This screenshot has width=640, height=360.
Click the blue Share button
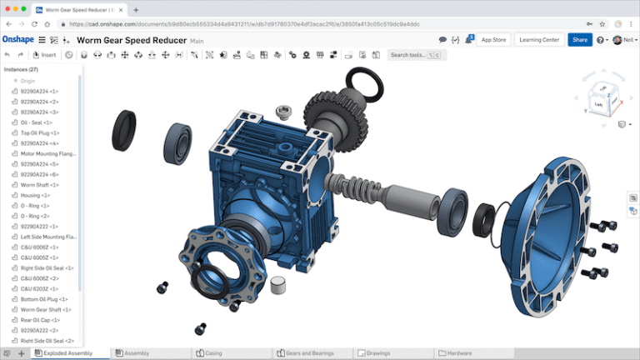579,39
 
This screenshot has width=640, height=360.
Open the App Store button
493,39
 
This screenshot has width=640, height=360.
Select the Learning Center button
538,39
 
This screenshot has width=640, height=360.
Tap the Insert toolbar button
45,55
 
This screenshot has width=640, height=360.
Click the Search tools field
417,55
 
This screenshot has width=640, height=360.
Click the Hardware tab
459,353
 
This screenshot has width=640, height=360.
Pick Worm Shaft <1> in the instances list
37,184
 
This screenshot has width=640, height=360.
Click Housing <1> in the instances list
36,195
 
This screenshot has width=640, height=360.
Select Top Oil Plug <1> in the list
40,132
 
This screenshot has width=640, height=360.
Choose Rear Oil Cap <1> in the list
39,320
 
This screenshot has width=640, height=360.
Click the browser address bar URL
250,24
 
